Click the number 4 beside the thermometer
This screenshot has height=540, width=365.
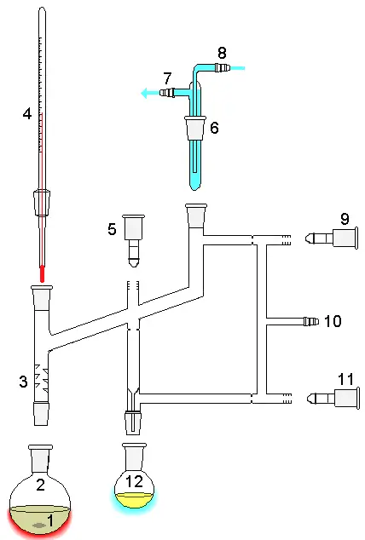point(27,112)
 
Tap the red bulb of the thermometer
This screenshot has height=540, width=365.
point(41,273)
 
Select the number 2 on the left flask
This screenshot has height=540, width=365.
point(39,486)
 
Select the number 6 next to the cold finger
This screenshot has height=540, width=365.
point(214,128)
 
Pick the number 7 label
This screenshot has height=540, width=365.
point(167,78)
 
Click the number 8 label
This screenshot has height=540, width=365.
point(223,52)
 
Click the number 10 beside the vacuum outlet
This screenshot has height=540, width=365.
point(333,321)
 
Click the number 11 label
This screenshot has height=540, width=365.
point(345,378)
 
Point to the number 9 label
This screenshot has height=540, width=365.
point(345,219)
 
